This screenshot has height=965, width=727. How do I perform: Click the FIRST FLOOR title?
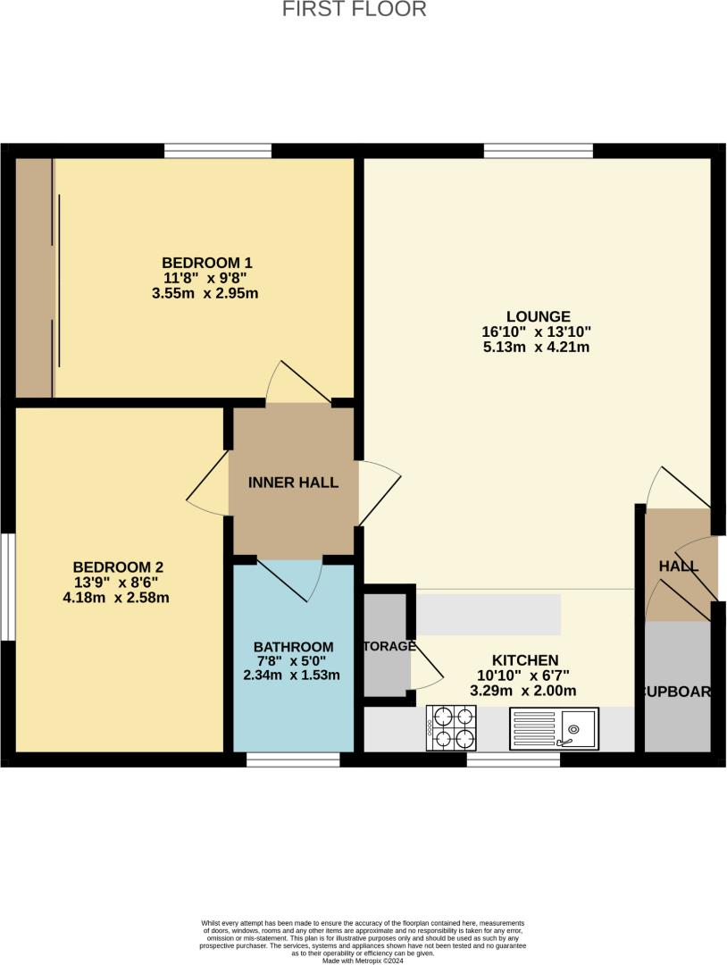[355, 10]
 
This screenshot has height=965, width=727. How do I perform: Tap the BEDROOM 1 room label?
[207, 263]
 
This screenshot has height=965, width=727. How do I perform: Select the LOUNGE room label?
[538, 316]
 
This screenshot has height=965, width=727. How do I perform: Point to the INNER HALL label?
[293, 482]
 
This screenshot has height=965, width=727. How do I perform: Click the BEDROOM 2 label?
[118, 566]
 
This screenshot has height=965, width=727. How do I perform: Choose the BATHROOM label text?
[293, 647]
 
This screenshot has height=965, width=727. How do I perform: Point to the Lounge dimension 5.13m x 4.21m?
[538, 347]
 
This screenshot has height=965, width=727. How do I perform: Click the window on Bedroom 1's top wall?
[217, 151]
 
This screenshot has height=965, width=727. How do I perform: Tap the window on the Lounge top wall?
[539, 151]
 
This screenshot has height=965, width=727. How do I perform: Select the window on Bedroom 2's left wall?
[7, 586]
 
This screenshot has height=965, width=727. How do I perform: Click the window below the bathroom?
[293, 759]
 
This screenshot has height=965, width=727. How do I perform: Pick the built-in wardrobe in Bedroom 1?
[35, 278]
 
